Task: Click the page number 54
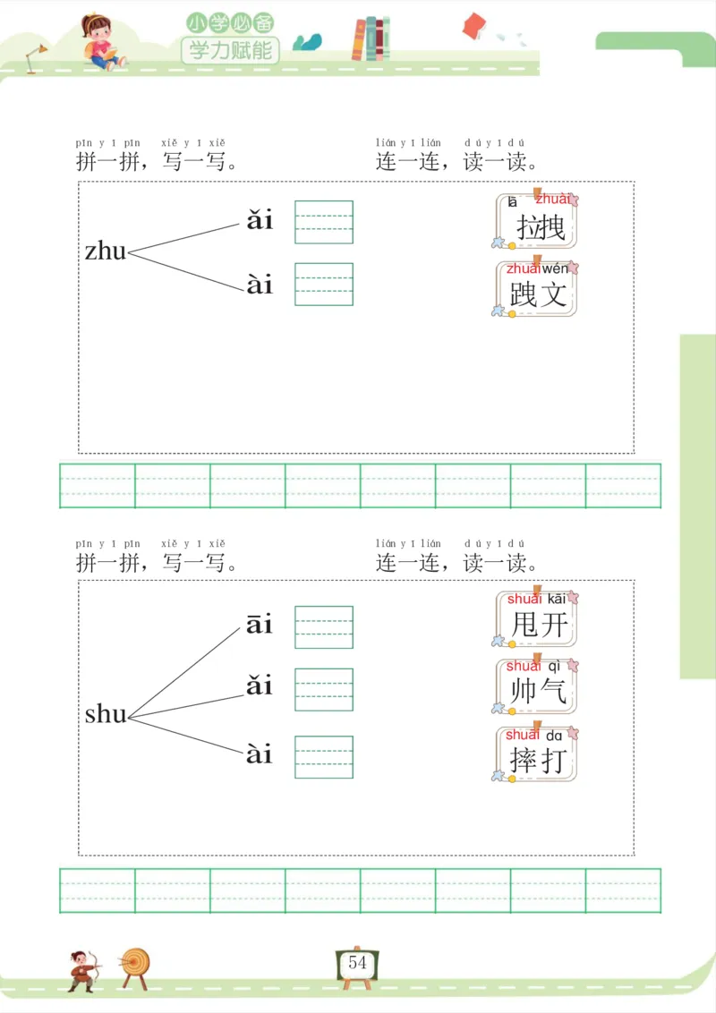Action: pyautogui.click(x=358, y=964)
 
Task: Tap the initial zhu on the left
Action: pyautogui.click(x=106, y=251)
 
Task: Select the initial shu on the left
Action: pyautogui.click(x=106, y=714)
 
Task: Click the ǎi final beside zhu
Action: pyautogui.click(x=260, y=220)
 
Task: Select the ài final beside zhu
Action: pyautogui.click(x=260, y=285)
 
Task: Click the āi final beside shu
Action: pyautogui.click(x=260, y=624)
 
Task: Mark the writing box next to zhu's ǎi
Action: pyautogui.click(x=324, y=222)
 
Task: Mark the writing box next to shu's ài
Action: pyautogui.click(x=324, y=757)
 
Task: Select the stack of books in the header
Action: pyautogui.click(x=371, y=39)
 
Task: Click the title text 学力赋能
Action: pyautogui.click(x=230, y=49)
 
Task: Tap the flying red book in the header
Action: pyautogui.click(x=473, y=26)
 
